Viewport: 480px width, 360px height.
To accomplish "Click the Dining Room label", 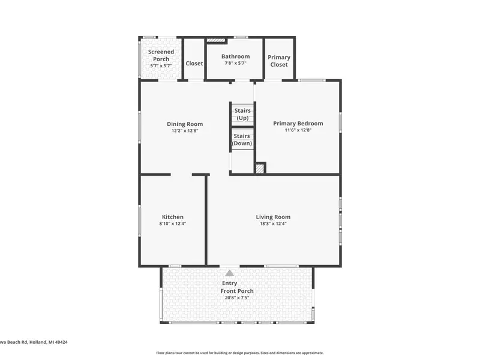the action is point(185,124).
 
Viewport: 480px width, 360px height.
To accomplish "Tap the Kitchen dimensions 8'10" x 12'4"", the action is point(173,223).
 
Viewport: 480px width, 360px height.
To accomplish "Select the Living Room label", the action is point(273,217).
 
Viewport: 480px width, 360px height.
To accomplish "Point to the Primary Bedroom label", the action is point(298,124).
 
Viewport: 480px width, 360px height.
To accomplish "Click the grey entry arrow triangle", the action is point(230,273).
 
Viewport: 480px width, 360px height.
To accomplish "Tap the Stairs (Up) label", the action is point(242,114).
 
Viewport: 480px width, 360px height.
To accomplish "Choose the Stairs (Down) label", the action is point(242,140).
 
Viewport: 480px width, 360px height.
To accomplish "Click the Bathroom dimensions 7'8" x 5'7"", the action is point(235,63).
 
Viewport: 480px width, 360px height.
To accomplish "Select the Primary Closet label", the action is point(279,61).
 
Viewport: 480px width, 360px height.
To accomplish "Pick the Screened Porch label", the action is point(161,55).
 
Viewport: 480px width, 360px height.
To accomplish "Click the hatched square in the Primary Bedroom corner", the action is point(260,169).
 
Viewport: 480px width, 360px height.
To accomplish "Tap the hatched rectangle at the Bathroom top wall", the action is point(216,40).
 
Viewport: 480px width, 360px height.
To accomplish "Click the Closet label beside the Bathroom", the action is point(194,64).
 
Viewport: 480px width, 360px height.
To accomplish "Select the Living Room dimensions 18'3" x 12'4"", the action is point(273,223).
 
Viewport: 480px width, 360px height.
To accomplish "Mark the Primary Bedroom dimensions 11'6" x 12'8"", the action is point(298,130).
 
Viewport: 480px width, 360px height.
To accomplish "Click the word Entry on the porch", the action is point(230,283).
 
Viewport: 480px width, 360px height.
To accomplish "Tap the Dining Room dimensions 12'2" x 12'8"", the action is point(185,131).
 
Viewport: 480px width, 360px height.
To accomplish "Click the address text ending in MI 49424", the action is point(34,342).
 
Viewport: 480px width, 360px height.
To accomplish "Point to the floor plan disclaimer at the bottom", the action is point(240,353).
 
